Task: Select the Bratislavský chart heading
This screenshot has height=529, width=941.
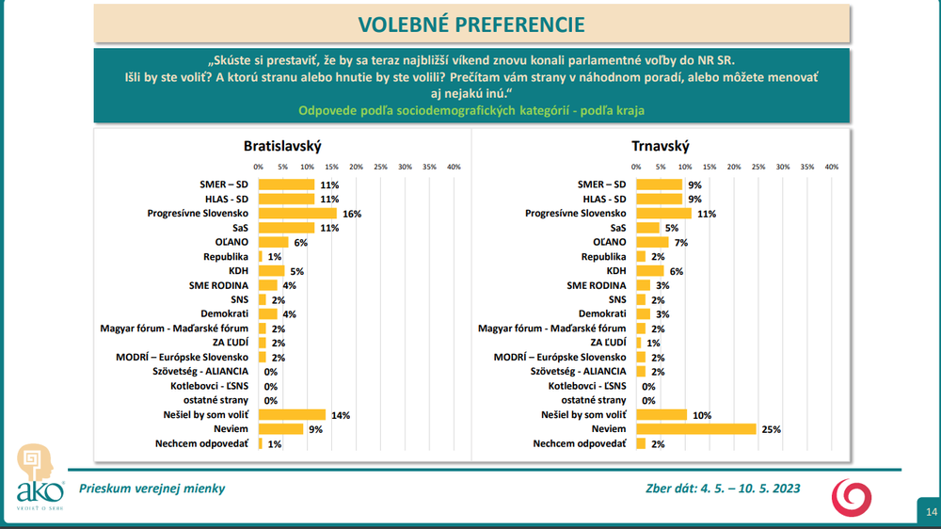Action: pyautogui.click(x=282, y=146)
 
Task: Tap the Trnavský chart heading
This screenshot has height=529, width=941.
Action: pyautogui.click(x=661, y=146)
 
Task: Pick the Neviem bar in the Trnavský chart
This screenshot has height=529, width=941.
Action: pyautogui.click(x=696, y=429)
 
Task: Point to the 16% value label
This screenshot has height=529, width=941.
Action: pyautogui.click(x=352, y=214)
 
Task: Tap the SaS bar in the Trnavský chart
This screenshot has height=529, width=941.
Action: pyautogui.click(x=648, y=228)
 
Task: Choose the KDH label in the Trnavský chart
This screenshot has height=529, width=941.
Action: pyautogui.click(x=615, y=271)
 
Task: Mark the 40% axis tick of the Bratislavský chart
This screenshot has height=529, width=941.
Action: pyautogui.click(x=454, y=167)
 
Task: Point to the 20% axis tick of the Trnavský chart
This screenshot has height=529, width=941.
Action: pyautogui.click(x=734, y=167)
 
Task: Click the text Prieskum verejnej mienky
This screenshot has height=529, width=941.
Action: pyautogui.click(x=152, y=489)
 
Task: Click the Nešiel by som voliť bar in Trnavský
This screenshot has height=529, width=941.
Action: pyautogui.click(x=662, y=415)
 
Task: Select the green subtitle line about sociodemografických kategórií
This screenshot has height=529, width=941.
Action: pyautogui.click(x=470, y=110)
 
